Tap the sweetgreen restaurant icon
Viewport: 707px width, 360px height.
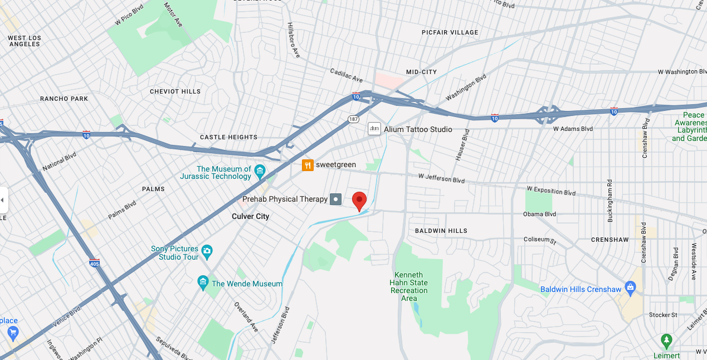[307, 165]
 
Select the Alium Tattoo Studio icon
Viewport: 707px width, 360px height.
[374, 129]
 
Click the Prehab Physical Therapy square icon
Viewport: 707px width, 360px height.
[335, 199]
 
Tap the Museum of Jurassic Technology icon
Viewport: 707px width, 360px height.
[259, 170]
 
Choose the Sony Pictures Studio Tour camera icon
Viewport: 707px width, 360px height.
[207, 251]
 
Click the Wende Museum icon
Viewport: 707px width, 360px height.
[203, 283]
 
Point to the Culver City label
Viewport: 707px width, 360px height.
[250, 216]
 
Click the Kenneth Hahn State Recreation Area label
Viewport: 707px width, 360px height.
[409, 286]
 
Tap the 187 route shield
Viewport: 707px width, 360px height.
[353, 119]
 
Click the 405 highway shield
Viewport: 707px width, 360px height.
[95, 262]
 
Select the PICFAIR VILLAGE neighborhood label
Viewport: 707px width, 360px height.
[450, 32]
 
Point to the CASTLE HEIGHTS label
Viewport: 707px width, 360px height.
[228, 137]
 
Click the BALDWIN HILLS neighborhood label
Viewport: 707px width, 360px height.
[441, 231]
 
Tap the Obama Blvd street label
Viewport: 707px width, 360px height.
[539, 214]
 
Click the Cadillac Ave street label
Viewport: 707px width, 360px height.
[346, 75]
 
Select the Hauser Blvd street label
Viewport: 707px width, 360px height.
[462, 145]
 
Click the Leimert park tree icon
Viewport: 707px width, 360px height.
[666, 339]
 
